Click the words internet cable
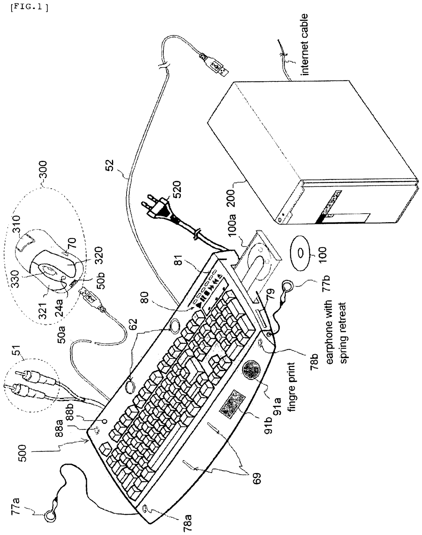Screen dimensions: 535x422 point(304,44)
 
